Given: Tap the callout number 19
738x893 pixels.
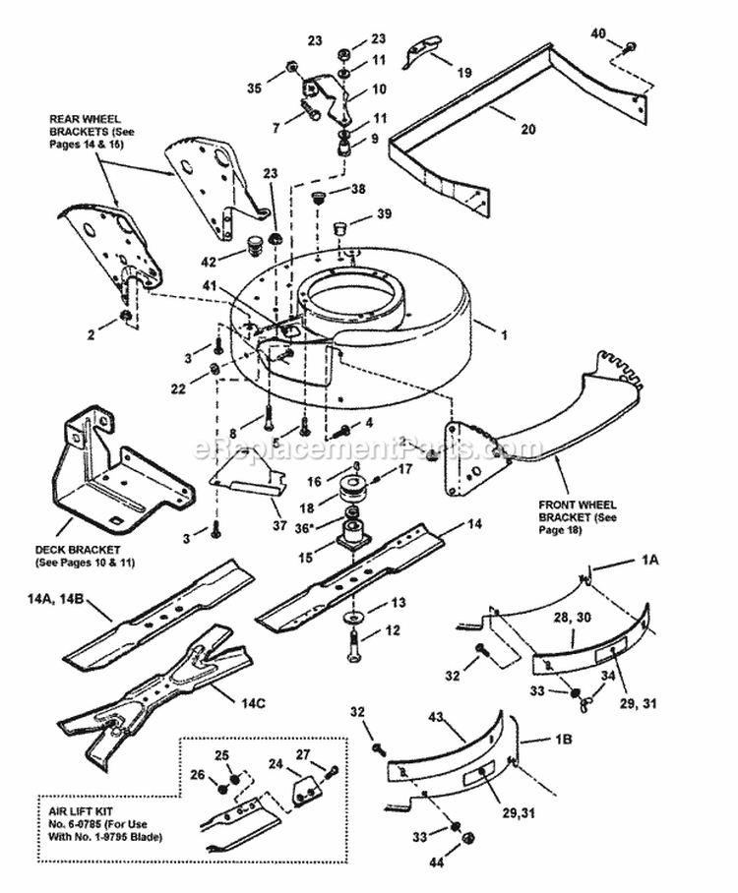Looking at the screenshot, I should click(463, 71).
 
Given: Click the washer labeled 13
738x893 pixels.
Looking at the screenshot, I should click(351, 620).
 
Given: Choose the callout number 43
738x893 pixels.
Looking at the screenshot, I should click(434, 721).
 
